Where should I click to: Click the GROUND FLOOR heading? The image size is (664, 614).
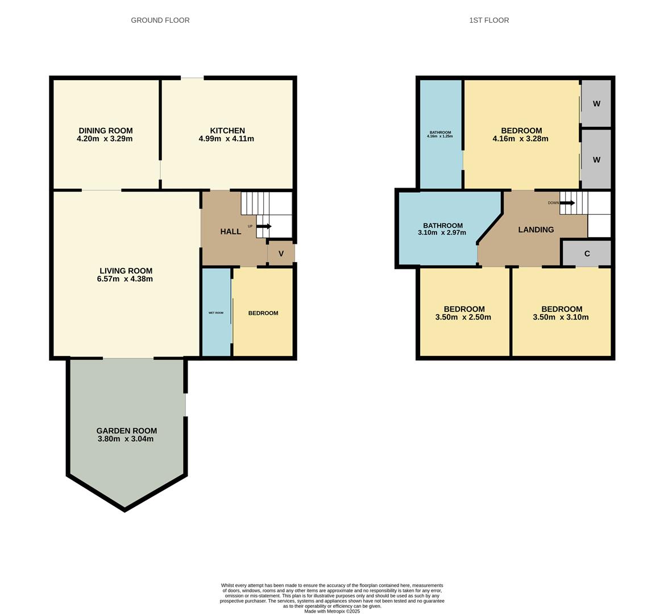tap(160, 20)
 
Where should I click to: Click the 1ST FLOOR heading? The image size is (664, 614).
tap(489, 20)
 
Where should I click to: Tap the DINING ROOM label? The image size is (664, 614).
tap(105, 131)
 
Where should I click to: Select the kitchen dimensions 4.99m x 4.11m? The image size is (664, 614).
tap(226, 139)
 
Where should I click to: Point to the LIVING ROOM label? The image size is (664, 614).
tap(126, 271)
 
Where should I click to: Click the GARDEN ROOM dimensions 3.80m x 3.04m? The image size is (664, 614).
tap(125, 439)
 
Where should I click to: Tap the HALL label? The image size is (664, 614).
tap(231, 231)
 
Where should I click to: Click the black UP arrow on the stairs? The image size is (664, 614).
tap(264, 226)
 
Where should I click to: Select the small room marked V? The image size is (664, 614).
tap(281, 254)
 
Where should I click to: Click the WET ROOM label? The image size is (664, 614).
tap(216, 313)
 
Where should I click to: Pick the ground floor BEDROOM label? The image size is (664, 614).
tap(263, 313)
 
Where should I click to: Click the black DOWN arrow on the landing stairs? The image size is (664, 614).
tap(567, 203)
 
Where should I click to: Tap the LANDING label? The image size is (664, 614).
tap(536, 230)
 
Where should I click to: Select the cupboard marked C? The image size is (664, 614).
tap(587, 254)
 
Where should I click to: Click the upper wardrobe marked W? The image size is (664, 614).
tap(596, 103)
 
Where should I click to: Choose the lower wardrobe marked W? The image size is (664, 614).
tap(596, 160)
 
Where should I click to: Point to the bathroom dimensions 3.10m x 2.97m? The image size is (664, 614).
tap(442, 233)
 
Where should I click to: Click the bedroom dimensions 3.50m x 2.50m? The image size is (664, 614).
tap(463, 317)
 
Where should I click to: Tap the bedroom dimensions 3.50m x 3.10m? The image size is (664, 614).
tap(561, 317)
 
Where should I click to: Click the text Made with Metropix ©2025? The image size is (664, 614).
tap(332, 611)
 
